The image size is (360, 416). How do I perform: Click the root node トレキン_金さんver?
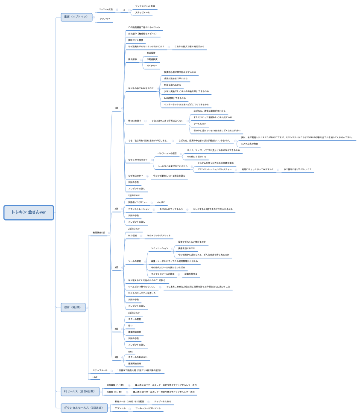pyautogui.click(x=29, y=212)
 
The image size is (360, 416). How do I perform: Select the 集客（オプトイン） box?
pyautogui.click(x=76, y=17)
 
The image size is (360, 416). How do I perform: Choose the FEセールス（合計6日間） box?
pyautogui.click(x=80, y=390)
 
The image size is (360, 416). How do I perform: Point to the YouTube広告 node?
pyautogui.click(x=106, y=9)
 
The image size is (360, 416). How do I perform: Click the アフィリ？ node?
pyautogui.click(x=105, y=19)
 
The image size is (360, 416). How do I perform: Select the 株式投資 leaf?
pyautogui.click(x=151, y=52)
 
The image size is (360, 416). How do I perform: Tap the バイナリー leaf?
pyautogui.click(x=152, y=66)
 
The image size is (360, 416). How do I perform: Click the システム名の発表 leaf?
pyautogui.click(x=249, y=144)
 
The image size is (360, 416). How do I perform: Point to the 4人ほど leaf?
pyautogui.click(x=161, y=202)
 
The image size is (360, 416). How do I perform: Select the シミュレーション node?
pyautogui.click(x=160, y=248)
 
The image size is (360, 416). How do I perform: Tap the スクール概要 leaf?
pyautogui.click(x=135, y=319)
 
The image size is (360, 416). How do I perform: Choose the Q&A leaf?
pyautogui.click(x=131, y=352)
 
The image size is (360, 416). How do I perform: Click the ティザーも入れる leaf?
pyautogui.click(x=163, y=401)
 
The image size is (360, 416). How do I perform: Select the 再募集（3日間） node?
pyautogui.click(x=113, y=391)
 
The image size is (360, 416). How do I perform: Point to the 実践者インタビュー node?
pyautogui.click(x=138, y=202)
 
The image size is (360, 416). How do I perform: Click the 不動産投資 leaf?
pyautogui.click(x=152, y=59)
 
